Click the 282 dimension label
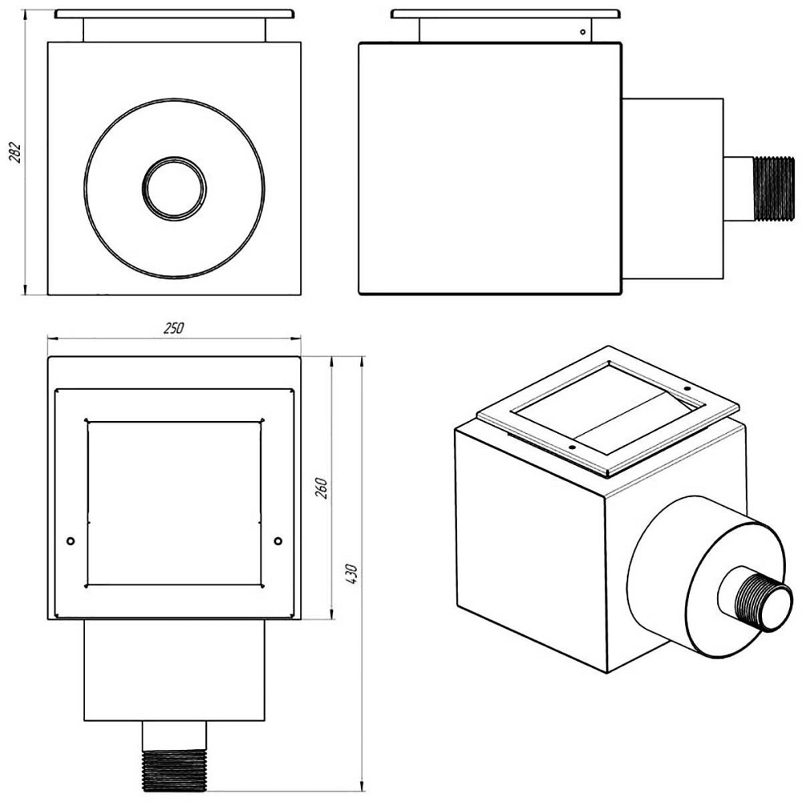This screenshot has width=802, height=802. [15, 152]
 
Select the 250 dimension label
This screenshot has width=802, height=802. [174, 328]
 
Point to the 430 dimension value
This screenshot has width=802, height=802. [351, 574]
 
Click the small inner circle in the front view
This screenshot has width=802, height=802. [174, 188]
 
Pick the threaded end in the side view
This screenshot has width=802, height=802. [776, 188]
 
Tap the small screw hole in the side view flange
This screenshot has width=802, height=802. [582, 32]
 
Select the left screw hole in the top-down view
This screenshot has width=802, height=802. [71, 541]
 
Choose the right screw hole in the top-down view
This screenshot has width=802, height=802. [277, 541]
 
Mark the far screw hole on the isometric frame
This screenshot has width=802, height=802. [688, 389]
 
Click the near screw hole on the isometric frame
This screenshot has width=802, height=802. [572, 448]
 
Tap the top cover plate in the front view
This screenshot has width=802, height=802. [174, 14]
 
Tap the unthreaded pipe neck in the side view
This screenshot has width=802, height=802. [739, 188]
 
